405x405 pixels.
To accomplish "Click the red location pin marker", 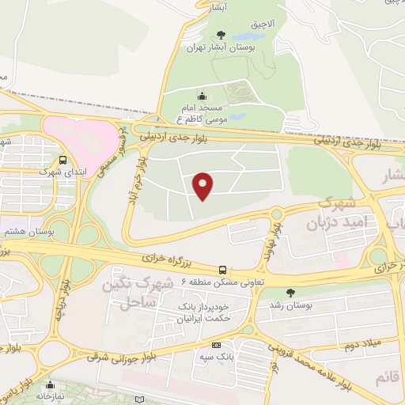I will tap(204, 186).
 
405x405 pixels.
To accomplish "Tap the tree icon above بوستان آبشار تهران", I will tap(221, 34).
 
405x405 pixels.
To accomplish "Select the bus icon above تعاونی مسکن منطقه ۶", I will tap(222, 269).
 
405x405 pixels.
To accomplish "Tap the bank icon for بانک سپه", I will tap(216, 346).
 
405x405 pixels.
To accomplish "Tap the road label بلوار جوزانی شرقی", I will tap(127, 359).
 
